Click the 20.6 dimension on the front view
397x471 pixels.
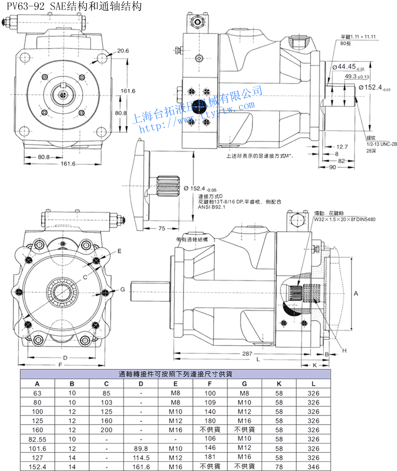coord(123,51)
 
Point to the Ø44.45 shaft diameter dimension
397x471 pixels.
coord(348,67)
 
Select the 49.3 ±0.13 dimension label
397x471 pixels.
coord(356,77)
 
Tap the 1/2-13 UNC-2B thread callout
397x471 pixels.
coord(381,144)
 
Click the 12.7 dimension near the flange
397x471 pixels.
coord(342,146)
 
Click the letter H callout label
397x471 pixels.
coord(344,350)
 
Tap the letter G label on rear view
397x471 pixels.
coord(122,289)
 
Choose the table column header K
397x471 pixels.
coord(279,384)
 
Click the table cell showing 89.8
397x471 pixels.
coord(141,448)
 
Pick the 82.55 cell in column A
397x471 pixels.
coord(37,439)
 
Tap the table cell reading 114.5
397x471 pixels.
coord(141,457)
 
